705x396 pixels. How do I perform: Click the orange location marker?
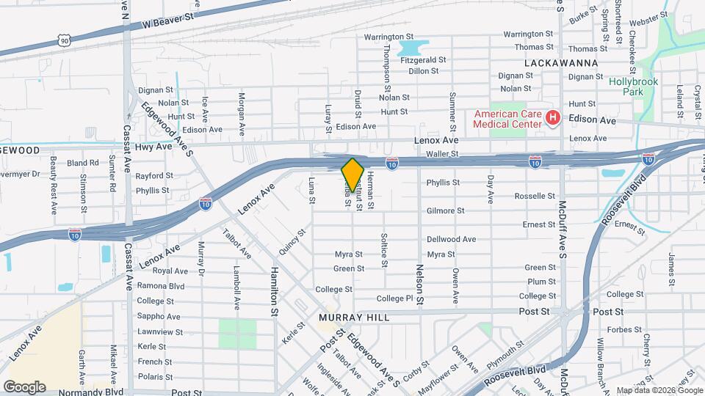click(x=352, y=175)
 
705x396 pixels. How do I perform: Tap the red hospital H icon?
click(x=552, y=117)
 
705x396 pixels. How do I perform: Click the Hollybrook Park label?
click(x=633, y=87)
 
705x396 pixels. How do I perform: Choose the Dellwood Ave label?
click(x=452, y=239)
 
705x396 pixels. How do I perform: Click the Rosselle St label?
click(x=535, y=197)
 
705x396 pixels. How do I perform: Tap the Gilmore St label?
click(x=445, y=210)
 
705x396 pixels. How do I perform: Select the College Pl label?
click(x=395, y=298)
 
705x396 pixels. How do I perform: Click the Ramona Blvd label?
click(x=161, y=285)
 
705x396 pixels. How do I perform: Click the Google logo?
click(x=24, y=386)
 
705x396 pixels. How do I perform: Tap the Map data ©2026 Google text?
click(x=659, y=390)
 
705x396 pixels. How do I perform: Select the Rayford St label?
click(x=154, y=176)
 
